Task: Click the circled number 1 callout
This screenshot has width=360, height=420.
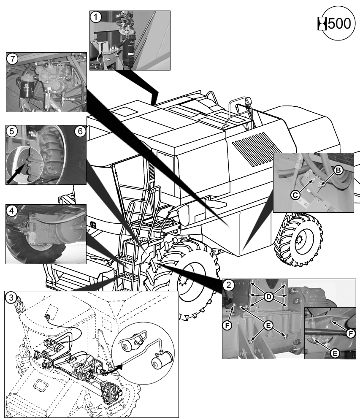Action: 97,18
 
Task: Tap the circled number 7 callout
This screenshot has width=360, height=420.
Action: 13,59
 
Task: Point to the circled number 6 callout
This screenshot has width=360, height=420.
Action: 80,131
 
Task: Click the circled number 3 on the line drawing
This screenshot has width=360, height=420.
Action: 13,297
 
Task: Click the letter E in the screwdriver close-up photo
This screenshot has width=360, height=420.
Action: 335,353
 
